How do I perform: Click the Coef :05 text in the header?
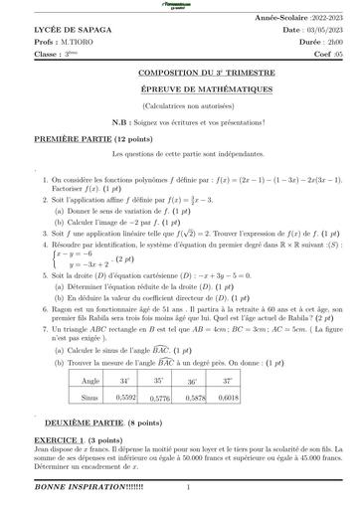pos(323,53)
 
